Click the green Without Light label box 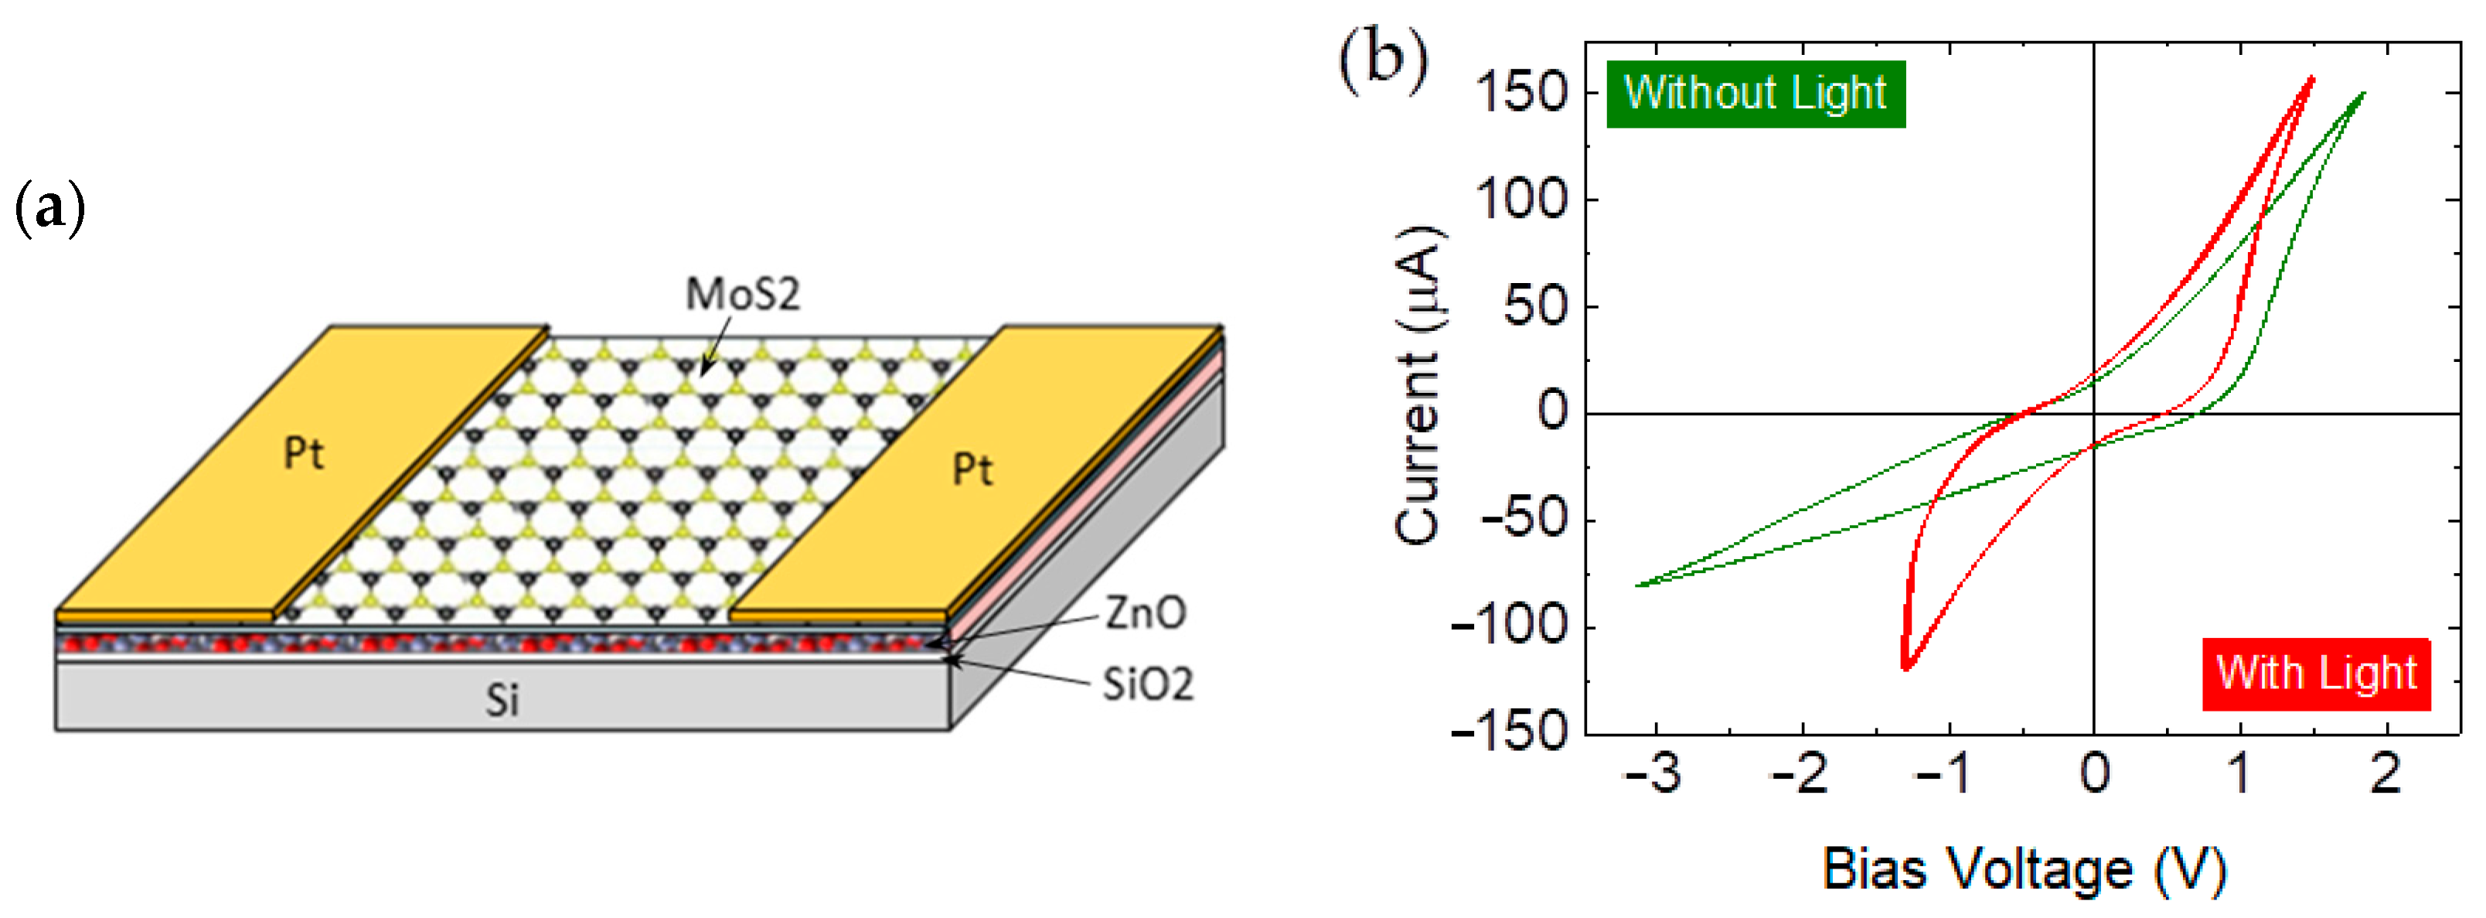pos(1755,94)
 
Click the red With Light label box pos(2315,674)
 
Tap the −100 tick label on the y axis pos(1510,627)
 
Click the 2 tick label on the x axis pos(2386,774)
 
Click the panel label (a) pos(50,209)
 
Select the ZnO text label pos(1145,613)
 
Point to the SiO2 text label pos(1147,684)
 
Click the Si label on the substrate pos(502,700)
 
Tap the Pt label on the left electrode pos(304,452)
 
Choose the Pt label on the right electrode pos(972,470)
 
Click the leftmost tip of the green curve pos(1638,585)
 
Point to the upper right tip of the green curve pos(2363,93)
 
